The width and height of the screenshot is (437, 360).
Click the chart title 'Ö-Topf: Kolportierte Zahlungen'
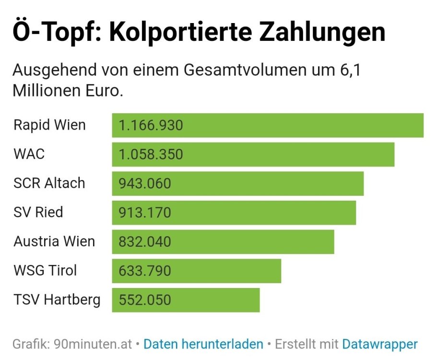click(x=199, y=33)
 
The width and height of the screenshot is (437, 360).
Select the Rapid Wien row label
click(x=49, y=125)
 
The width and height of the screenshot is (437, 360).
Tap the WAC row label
click(x=29, y=154)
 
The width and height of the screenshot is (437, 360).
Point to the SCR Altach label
click(x=49, y=183)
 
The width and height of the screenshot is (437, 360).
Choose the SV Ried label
click(x=38, y=212)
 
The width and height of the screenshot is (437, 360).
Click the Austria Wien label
click(x=54, y=241)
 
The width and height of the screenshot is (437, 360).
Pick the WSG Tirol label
click(x=45, y=270)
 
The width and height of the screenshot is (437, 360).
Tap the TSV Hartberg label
click(x=57, y=300)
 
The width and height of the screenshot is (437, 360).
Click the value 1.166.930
click(x=151, y=126)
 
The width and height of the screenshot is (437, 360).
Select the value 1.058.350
click(x=151, y=155)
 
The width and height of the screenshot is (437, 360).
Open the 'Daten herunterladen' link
click(x=203, y=344)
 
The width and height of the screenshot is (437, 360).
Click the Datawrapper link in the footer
click(x=379, y=344)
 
